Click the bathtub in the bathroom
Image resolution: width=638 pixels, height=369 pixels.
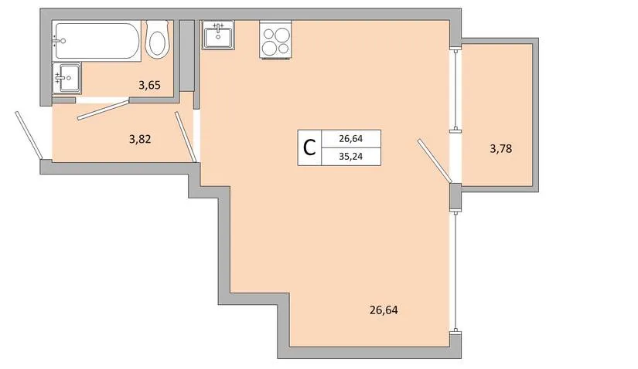coord(97,41)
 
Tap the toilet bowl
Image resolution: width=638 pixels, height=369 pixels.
coord(157,39)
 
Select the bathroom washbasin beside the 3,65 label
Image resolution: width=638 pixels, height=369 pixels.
coord(67,77)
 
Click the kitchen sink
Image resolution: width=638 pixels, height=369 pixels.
coord(218,36)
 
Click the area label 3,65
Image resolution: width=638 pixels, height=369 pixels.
coord(149,86)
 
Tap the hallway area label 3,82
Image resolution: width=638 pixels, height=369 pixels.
coord(140,140)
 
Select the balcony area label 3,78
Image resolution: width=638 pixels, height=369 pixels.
coord(501,149)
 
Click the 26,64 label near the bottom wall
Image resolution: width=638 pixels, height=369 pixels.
coord(384,310)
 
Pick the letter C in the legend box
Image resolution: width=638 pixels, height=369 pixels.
coord(309,147)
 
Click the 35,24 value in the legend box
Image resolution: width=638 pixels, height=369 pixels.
coord(351,157)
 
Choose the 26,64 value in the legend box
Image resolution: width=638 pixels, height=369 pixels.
coord(351,139)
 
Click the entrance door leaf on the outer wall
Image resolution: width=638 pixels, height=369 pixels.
coord(29,135)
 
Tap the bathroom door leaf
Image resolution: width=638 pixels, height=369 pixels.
coord(104,109)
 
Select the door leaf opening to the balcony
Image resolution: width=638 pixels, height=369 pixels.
coord(434,161)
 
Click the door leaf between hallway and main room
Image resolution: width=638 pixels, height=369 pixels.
coord(186,137)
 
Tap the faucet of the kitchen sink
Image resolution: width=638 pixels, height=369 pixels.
coord(219,28)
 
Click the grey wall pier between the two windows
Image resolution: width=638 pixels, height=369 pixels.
coord(455,198)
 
